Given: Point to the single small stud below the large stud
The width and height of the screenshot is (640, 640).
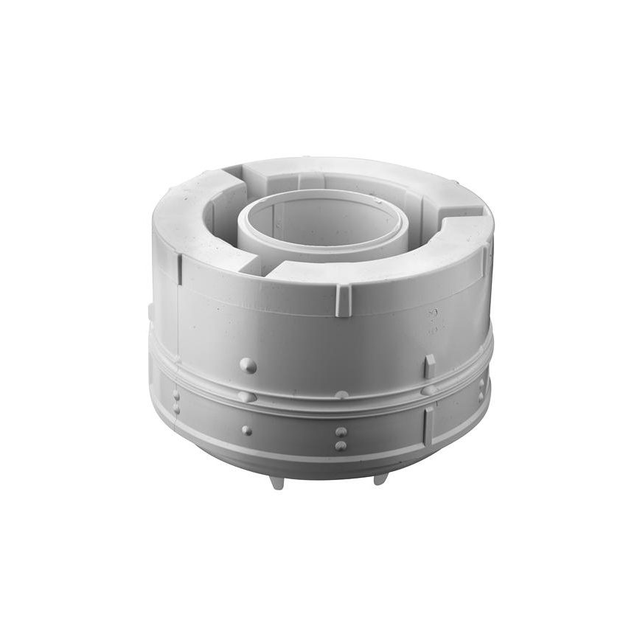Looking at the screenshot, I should (x=246, y=429).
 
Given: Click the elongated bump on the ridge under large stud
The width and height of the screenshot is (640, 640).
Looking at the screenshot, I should (x=247, y=397).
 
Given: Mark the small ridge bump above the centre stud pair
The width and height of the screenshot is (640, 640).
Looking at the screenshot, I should (x=341, y=395).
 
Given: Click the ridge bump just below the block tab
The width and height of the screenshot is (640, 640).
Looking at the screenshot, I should (x=430, y=389).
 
